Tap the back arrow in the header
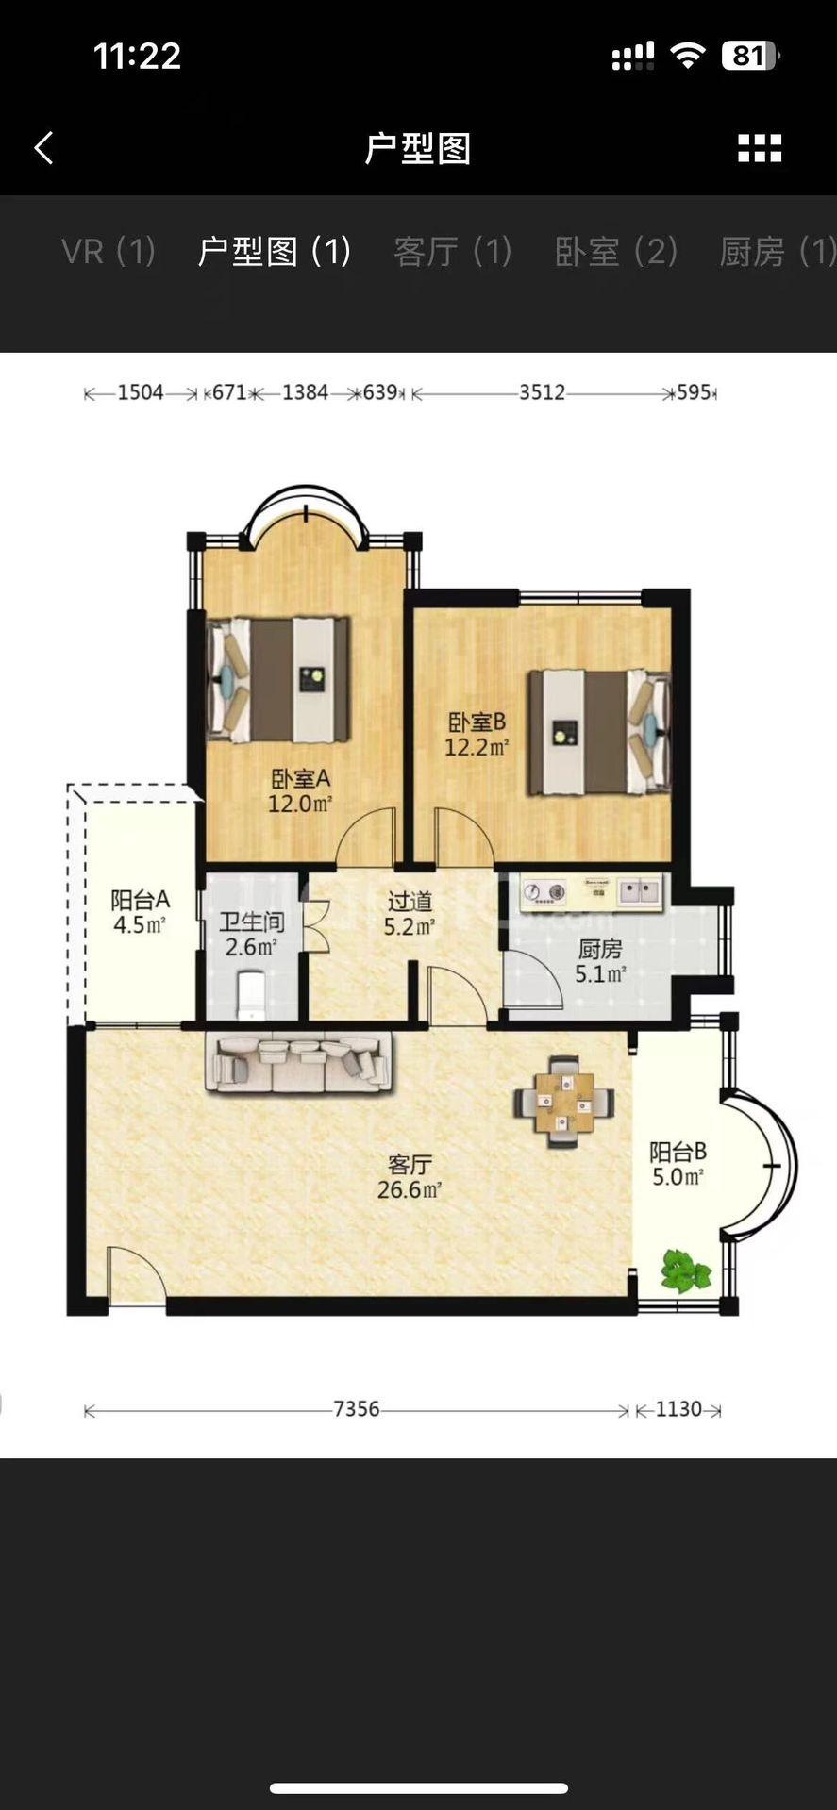tap(44, 148)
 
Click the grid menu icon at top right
tap(760, 148)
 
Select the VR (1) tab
tap(109, 252)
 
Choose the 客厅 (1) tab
tap(453, 252)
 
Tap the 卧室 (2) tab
tap(616, 252)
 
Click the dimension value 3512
tap(542, 392)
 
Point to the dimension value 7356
tap(357, 1409)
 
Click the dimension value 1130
tap(678, 1409)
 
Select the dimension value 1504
tap(141, 392)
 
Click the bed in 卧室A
tap(279, 679)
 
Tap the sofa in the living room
tap(298, 1063)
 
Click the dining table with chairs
tap(564, 1102)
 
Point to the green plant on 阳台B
tap(685, 1270)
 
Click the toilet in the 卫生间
tap(252, 996)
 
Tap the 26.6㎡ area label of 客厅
tap(410, 1190)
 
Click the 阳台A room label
tap(140, 900)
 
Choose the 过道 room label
tap(410, 902)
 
